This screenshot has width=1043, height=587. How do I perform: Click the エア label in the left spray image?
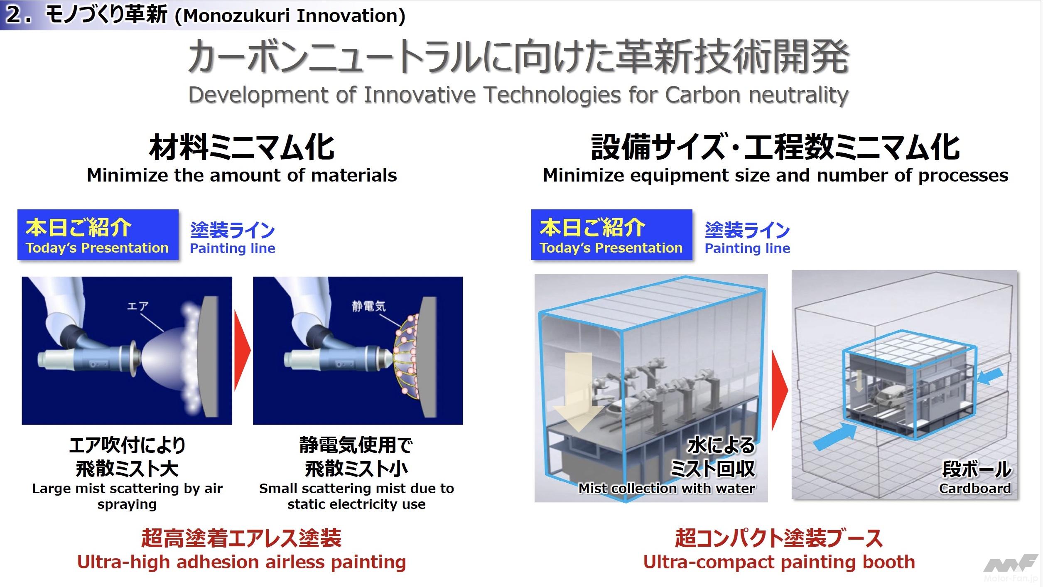[x=137, y=306]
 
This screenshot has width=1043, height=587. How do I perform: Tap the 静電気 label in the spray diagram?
[x=369, y=306]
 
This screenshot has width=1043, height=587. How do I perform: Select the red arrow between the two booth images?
[x=780, y=390]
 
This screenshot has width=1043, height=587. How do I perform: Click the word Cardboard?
[x=975, y=488]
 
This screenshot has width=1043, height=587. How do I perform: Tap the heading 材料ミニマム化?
[x=242, y=147]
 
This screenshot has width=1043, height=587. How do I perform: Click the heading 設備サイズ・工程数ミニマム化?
[x=775, y=147]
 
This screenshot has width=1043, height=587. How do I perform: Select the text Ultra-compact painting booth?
[x=779, y=562]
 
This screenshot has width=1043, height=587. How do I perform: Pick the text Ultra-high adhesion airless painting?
[x=241, y=562]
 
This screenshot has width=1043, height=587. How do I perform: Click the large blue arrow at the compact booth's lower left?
[x=834, y=436]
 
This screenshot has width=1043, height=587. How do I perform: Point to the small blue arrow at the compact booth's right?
[x=991, y=376]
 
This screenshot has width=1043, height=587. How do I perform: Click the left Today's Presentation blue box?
[x=98, y=235]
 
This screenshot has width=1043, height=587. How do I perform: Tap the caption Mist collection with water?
[x=667, y=489]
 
